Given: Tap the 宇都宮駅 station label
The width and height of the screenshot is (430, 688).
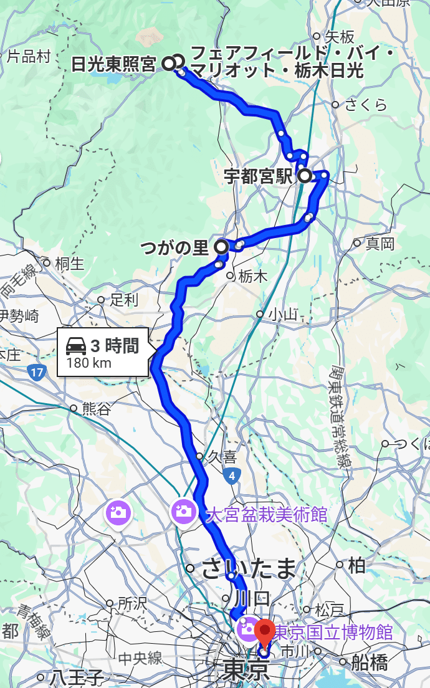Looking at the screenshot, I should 258,176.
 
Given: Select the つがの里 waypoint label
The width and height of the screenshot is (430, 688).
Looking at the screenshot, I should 174,248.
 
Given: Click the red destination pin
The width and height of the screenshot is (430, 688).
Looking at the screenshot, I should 265,633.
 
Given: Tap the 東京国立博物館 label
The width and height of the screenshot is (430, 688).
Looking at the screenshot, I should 335,633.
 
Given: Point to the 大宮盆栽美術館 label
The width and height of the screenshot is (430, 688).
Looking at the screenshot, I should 266,514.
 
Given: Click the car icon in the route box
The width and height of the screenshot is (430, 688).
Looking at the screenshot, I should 76,345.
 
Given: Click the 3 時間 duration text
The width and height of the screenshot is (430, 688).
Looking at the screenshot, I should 114,346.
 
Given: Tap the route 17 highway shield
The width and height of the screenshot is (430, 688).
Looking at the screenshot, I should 37,373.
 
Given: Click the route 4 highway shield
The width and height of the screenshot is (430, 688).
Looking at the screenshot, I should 231,477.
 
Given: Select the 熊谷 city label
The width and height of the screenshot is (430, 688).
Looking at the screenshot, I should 96,409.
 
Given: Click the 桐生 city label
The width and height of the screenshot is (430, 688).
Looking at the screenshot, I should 69,263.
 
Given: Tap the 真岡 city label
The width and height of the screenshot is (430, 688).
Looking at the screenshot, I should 380,243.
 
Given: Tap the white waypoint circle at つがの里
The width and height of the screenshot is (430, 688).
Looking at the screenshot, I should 221,247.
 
